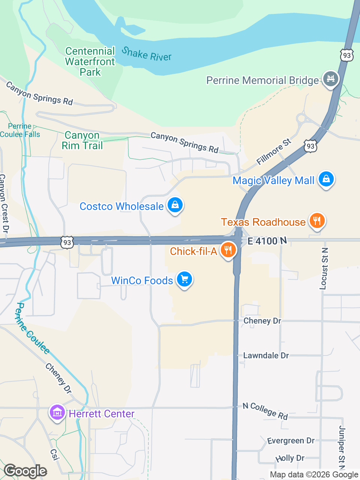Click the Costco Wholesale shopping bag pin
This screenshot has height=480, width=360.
click(175, 205)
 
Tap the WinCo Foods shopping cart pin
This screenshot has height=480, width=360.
click(184, 279)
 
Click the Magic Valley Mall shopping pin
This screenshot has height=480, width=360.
click(326, 179)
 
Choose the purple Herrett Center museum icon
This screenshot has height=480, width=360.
click(57, 413)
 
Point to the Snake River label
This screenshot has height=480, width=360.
click(147, 54)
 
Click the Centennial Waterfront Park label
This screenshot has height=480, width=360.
click(90, 61)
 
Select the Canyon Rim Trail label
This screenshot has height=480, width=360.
click(82, 140)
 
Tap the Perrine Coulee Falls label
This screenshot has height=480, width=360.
click(20, 130)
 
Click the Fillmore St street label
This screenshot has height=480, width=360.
click(274, 152)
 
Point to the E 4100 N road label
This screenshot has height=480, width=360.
click(267, 241)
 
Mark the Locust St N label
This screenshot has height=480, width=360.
click(324, 268)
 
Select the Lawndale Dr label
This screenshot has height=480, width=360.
click(266, 355)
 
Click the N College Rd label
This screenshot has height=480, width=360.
click(265, 411)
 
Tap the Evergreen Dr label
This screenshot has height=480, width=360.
click(291, 441)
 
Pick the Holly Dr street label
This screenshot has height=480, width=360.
click(290, 458)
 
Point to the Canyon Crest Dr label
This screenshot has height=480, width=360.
click(4, 203)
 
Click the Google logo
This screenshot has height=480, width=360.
click(25, 471)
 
